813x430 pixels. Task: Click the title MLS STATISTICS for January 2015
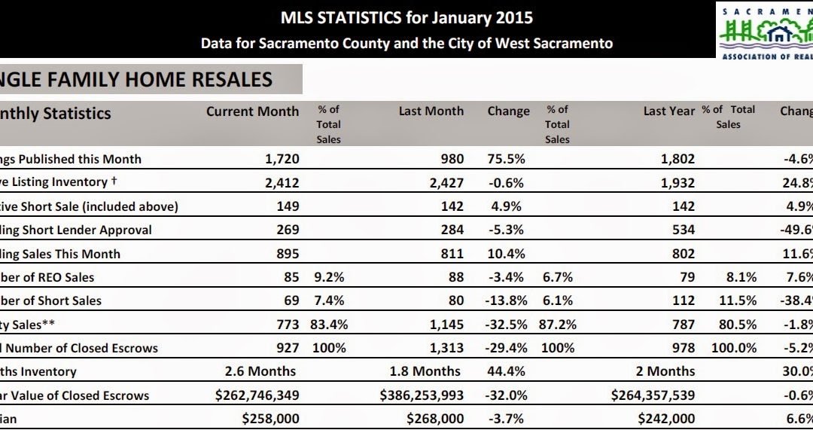pyautogui.click(x=406, y=17)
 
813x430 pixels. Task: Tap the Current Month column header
pyautogui.click(x=252, y=111)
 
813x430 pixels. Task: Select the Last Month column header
pyautogui.click(x=431, y=111)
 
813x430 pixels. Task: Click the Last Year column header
pyautogui.click(x=669, y=111)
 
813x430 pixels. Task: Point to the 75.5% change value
pyautogui.click(x=506, y=159)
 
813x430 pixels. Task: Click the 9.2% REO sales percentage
pyautogui.click(x=328, y=277)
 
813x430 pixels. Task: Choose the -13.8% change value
pyautogui.click(x=504, y=300)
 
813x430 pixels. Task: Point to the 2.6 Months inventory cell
pyautogui.click(x=260, y=371)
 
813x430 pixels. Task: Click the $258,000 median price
pyautogui.click(x=269, y=419)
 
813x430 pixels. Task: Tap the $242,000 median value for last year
pyautogui.click(x=665, y=419)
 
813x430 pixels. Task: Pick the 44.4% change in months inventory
pyautogui.click(x=506, y=371)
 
